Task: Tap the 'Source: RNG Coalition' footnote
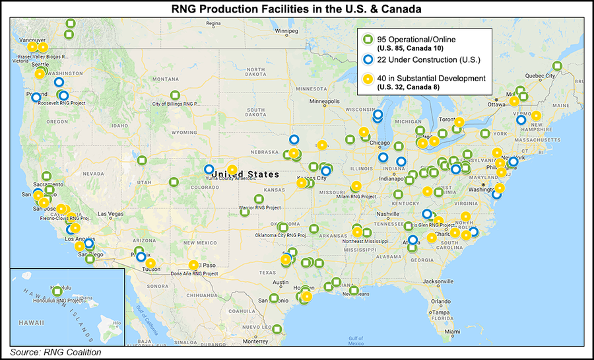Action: [x=55, y=352]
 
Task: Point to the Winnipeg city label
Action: [x=288, y=30]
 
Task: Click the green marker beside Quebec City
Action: [x=557, y=66]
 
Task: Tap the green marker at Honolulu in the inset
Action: [x=57, y=291]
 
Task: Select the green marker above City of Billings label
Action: [x=175, y=95]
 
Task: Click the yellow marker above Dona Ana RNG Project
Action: [x=193, y=265]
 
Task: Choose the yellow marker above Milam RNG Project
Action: [x=356, y=186]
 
